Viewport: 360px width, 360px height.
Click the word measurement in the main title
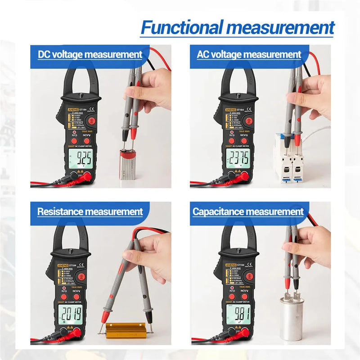(286, 28)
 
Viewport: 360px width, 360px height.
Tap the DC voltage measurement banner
(90, 55)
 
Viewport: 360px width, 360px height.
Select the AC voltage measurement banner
(249, 55)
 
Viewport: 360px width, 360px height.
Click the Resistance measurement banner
(90, 211)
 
